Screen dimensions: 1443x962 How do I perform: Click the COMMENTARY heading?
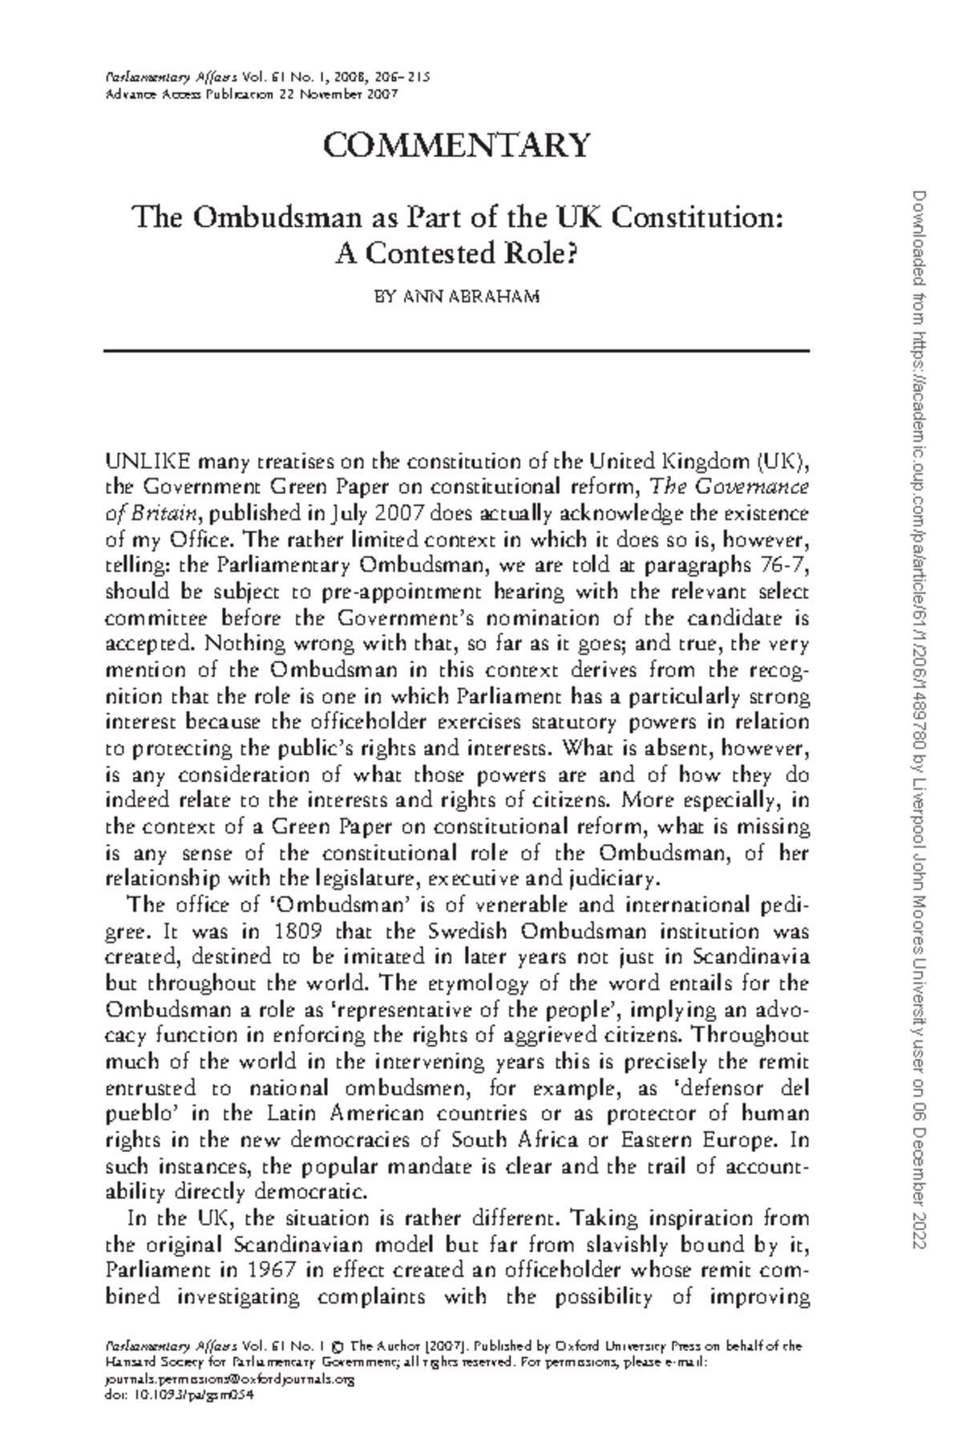coord(457,145)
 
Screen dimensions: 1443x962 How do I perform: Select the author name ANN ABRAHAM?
coord(457,297)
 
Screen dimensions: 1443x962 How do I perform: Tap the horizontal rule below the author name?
coord(457,350)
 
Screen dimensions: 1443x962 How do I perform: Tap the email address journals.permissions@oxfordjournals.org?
coord(230,1380)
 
